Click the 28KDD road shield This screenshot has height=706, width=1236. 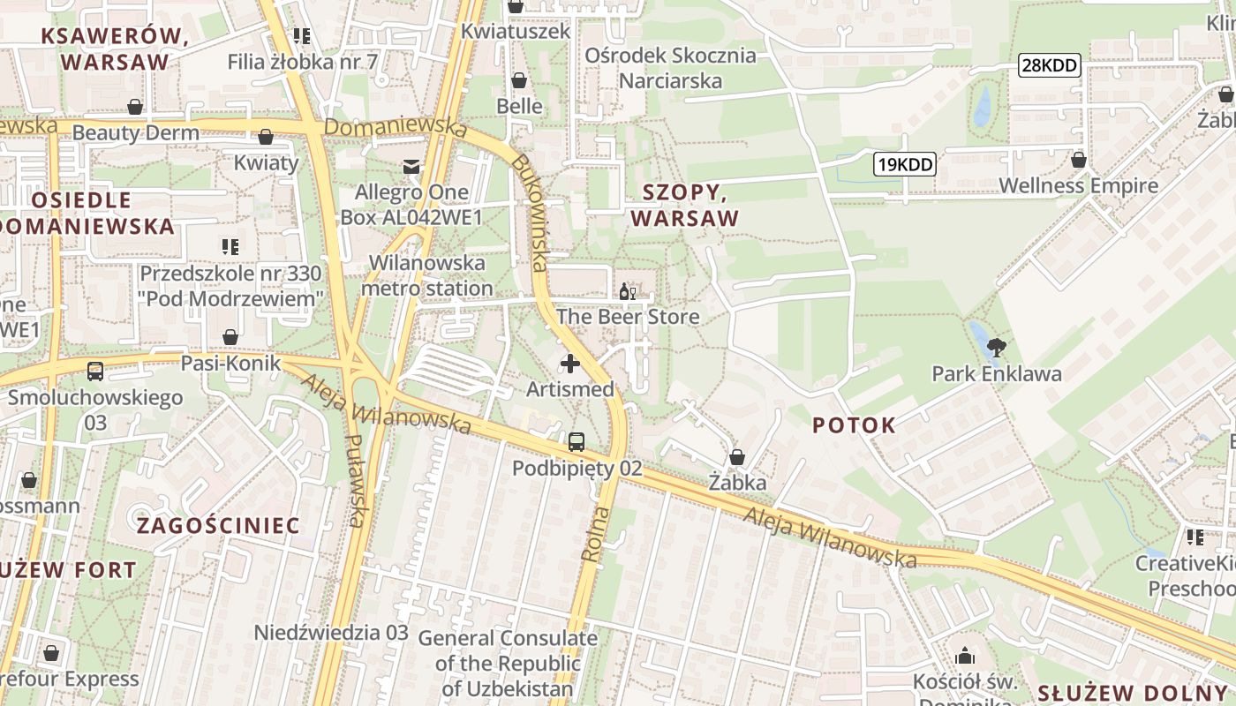pos(1050,64)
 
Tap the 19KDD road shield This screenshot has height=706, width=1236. pos(905,163)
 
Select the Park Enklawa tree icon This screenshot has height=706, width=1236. pos(997,347)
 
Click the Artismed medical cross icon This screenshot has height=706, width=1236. pos(570,363)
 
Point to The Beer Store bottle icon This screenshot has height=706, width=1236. pos(628,291)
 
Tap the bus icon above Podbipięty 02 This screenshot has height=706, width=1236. pos(577,442)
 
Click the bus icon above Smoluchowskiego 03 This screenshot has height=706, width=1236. pos(95,372)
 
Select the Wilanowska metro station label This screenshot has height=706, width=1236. pos(427,275)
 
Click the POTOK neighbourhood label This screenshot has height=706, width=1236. pos(854,425)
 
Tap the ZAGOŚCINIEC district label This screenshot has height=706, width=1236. pos(218,526)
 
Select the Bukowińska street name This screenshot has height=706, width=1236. pos(532,213)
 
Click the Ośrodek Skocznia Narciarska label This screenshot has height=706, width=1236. pos(671,68)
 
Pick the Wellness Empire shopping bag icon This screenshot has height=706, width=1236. pos(1078,160)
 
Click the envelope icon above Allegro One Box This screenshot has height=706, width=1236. pos(411,166)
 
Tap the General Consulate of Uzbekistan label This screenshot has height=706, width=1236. pos(507,663)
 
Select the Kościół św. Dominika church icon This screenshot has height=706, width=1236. pos(965,656)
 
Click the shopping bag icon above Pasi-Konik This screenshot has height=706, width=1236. pos(230,337)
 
